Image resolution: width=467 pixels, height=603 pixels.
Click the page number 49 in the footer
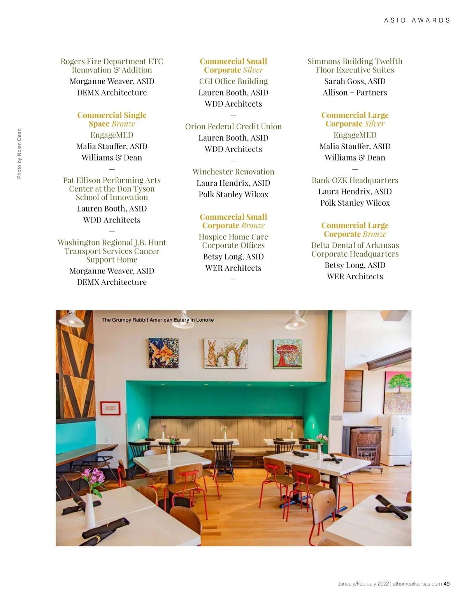(446, 584)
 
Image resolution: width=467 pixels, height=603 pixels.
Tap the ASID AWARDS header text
(417, 20)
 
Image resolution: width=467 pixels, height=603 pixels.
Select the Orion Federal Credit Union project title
(233, 127)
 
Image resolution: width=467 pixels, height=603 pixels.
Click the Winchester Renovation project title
(233, 172)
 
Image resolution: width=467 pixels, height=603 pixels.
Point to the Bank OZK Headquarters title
(355, 180)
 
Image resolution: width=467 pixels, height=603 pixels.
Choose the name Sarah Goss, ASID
(355, 81)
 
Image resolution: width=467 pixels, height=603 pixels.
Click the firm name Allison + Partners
(355, 93)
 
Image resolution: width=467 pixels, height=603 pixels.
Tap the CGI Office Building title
(233, 81)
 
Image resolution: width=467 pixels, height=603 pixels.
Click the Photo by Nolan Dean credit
(19, 154)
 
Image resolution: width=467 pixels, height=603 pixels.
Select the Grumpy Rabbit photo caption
(158, 320)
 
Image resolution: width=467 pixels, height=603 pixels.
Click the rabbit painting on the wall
(226, 353)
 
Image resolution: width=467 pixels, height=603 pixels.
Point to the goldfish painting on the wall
(163, 353)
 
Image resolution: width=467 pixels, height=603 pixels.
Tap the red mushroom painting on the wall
(288, 353)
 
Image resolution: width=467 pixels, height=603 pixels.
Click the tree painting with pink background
(398, 391)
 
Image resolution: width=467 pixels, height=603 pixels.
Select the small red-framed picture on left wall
(111, 408)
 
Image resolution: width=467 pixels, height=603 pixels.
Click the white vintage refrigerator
(399, 436)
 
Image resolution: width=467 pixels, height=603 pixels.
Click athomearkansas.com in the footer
(417, 584)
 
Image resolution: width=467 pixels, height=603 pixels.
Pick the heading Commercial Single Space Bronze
(112, 120)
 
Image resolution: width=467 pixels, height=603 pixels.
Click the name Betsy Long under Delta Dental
(355, 265)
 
